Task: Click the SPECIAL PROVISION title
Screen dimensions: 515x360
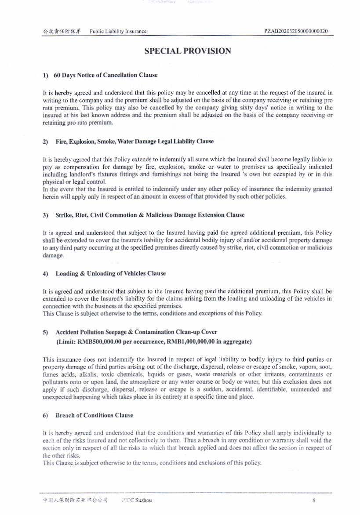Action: click(188, 51)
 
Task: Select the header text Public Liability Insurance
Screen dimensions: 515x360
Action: click(118, 31)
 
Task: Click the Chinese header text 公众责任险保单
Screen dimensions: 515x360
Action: click(62, 31)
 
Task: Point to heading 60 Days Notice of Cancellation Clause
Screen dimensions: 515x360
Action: click(105, 75)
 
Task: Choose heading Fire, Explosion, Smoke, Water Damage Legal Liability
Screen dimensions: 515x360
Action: click(135, 141)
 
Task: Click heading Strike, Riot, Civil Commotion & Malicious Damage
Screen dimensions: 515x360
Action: click(150, 215)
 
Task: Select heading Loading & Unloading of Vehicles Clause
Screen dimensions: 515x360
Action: click(111, 273)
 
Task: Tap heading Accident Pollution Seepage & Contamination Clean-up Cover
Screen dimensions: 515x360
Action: click(136, 332)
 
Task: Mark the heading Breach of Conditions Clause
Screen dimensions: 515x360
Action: click(94, 415)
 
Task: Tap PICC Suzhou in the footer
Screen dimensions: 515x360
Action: click(137, 500)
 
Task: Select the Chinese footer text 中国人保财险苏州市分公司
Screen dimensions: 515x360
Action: click(75, 500)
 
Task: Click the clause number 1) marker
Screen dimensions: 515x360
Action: click(45, 76)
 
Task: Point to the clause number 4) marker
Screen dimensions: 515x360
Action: click(45, 274)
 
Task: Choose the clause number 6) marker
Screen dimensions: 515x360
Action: click(45, 416)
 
